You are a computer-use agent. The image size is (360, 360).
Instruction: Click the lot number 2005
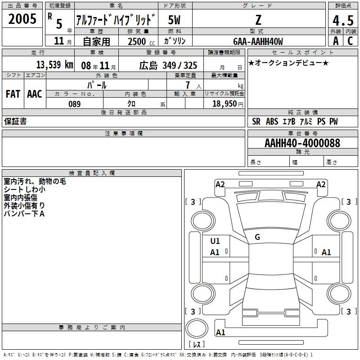(22, 19)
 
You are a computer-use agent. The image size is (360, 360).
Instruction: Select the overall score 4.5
(343, 20)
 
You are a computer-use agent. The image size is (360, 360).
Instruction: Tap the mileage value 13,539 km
(54, 65)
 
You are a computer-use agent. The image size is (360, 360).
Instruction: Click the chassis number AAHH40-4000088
(302, 143)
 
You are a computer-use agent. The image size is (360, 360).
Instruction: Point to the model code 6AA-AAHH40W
(258, 41)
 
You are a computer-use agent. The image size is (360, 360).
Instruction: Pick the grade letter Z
(258, 20)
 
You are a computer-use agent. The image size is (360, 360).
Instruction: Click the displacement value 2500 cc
(141, 41)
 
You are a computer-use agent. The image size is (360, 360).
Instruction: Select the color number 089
(74, 104)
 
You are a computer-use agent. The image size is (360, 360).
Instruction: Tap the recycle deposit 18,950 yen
(228, 104)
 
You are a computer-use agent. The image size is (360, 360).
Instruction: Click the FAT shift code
(13, 94)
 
